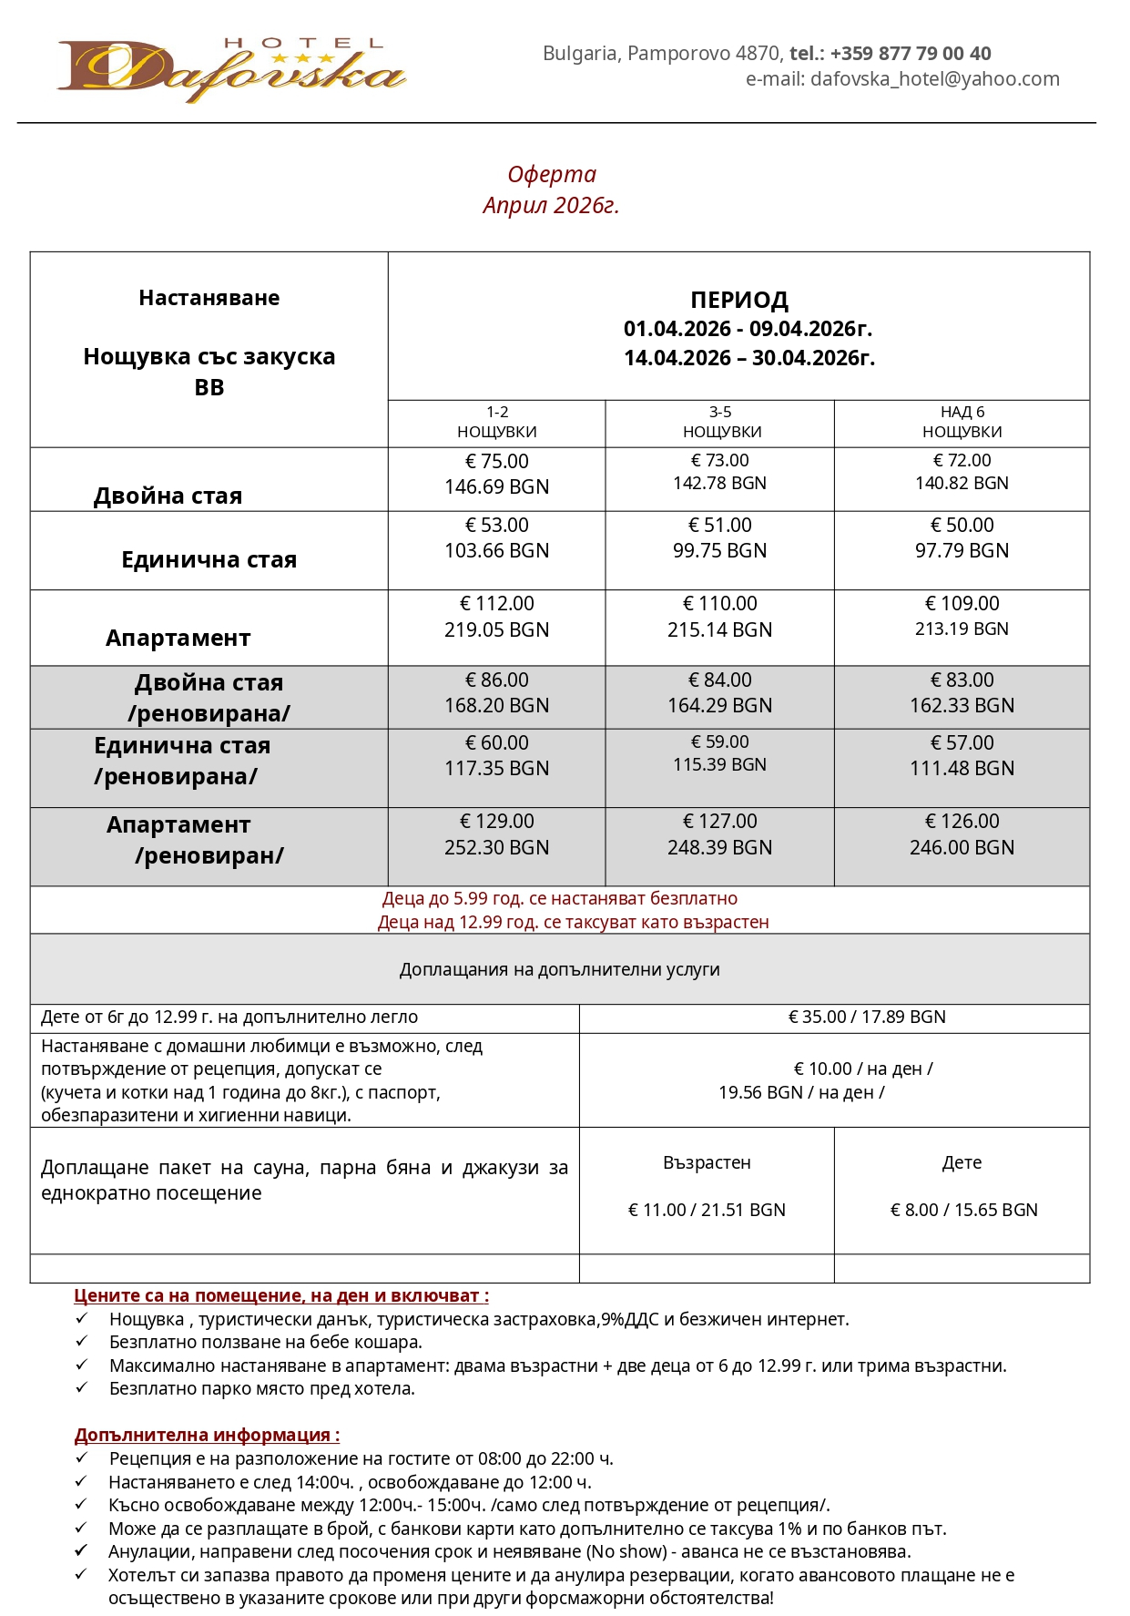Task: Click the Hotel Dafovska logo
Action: click(x=231, y=69)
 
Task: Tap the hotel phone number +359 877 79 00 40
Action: click(x=910, y=54)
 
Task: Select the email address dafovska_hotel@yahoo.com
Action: click(x=934, y=79)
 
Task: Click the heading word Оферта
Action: click(x=552, y=174)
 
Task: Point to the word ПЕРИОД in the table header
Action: click(x=738, y=300)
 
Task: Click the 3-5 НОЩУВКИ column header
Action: click(x=721, y=422)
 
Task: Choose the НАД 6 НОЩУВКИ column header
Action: click(x=962, y=422)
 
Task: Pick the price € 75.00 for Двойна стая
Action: click(x=497, y=462)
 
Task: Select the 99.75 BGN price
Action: click(x=719, y=551)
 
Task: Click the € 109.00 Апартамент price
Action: click(x=962, y=604)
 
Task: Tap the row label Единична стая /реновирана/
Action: click(x=182, y=762)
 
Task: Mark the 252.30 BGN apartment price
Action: click(x=497, y=848)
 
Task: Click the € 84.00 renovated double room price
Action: click(x=719, y=680)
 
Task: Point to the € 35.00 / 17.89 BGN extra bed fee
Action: click(x=866, y=1018)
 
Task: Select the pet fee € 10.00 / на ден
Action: click(x=862, y=1069)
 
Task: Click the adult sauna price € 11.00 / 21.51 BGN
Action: click(x=707, y=1211)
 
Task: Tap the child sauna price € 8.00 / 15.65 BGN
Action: click(x=963, y=1211)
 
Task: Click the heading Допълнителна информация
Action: click(x=207, y=1436)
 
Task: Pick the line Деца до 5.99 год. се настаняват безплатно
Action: click(x=559, y=899)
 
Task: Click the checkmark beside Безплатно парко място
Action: click(x=82, y=1388)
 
